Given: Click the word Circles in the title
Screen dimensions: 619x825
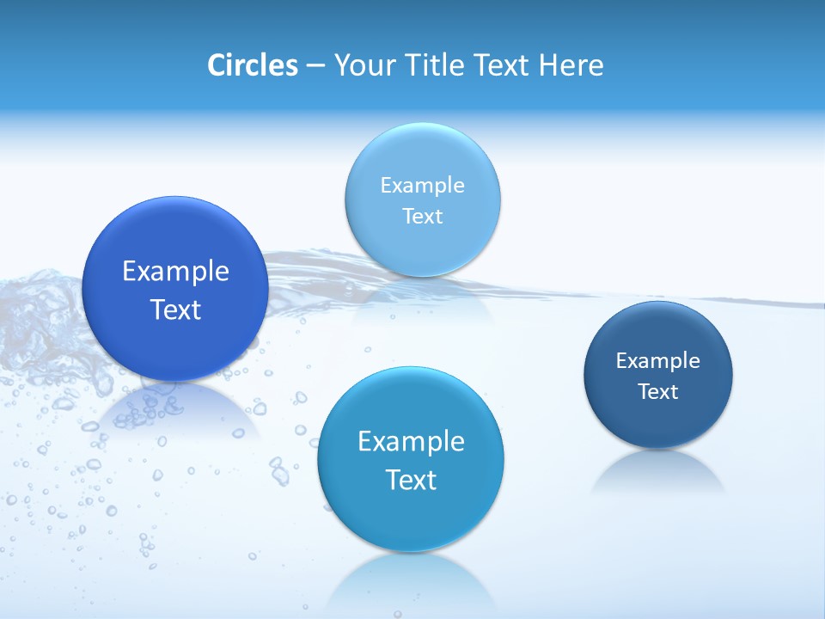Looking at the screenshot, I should point(253,65).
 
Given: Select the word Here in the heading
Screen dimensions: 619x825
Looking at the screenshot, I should point(571,65).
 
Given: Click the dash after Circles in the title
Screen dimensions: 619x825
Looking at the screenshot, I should point(315,66).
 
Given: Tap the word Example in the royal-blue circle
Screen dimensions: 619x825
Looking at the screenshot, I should point(175,272).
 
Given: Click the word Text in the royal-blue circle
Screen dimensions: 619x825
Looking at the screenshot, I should point(175,309).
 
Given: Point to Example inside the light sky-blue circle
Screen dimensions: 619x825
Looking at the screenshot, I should point(423,185).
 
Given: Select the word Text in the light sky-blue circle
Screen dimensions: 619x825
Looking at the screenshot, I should point(423,216).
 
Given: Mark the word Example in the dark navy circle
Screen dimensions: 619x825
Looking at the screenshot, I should point(658,361).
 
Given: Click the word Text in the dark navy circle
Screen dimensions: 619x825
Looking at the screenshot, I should point(658,392).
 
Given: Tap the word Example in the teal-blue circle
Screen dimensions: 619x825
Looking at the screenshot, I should point(411,442).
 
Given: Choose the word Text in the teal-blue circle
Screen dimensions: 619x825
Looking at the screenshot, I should point(411,480).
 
